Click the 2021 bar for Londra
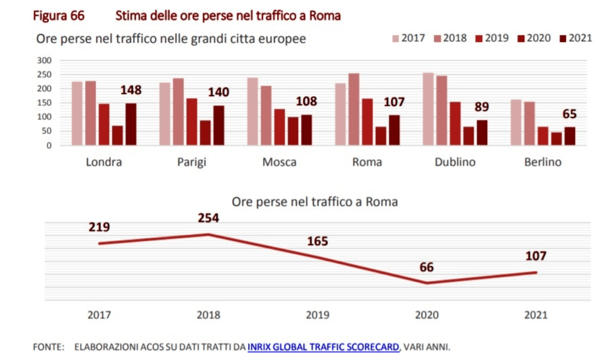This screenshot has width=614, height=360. [x=131, y=124]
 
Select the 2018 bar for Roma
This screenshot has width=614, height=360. [x=354, y=109]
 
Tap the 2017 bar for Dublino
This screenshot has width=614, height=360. [x=428, y=109]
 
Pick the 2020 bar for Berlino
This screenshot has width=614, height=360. [x=556, y=139]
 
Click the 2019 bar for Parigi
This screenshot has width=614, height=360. [x=192, y=122]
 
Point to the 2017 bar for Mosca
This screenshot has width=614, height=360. [x=253, y=111]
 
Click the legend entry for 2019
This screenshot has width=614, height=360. [x=492, y=38]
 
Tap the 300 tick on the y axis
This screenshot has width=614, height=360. [x=44, y=60]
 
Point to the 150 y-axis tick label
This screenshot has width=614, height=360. [x=44, y=103]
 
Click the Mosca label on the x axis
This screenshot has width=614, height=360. [x=279, y=162]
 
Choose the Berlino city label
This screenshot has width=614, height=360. [x=543, y=162]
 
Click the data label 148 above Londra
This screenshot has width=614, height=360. [x=131, y=90]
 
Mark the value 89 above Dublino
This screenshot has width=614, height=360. [x=482, y=107]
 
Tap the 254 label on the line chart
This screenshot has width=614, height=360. [x=209, y=218]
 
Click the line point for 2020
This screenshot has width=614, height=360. [x=427, y=283]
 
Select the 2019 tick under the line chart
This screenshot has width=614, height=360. [x=318, y=315]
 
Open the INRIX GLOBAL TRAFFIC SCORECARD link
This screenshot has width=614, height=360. [x=323, y=347]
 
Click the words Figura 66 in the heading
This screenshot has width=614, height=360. [x=58, y=16]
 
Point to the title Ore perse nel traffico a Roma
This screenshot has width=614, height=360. [x=315, y=202]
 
